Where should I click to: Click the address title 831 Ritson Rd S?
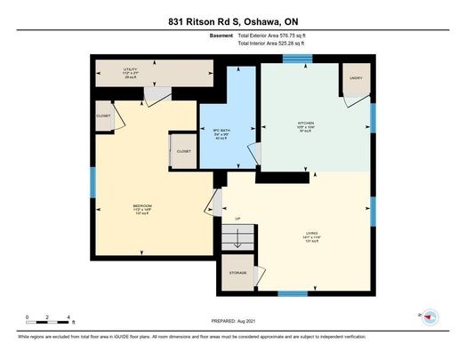232,20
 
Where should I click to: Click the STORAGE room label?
237,273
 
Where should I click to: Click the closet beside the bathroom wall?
183,151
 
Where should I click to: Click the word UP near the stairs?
237,218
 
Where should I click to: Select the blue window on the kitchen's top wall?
295,59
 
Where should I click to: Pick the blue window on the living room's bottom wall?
293,292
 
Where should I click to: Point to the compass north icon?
430,316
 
